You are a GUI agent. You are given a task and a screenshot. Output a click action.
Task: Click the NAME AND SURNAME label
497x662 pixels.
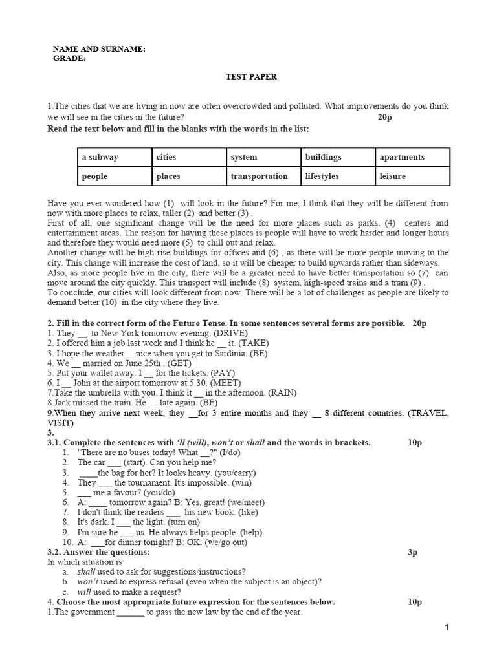[99, 49]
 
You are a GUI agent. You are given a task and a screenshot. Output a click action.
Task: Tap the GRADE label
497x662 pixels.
[69, 58]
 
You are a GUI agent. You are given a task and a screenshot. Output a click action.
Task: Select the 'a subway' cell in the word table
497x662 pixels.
[100, 157]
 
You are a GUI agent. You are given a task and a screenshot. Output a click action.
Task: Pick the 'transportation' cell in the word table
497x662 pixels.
[259, 176]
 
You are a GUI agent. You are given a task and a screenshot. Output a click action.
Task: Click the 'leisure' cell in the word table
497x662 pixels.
[393, 176]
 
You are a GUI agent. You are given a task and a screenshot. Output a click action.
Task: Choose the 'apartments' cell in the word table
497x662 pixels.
[402, 157]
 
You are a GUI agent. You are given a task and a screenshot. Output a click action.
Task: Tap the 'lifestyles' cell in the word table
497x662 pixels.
[322, 176]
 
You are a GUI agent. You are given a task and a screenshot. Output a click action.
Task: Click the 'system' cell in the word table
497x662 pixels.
[244, 157]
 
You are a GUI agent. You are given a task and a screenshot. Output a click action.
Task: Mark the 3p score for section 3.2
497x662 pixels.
[414, 552]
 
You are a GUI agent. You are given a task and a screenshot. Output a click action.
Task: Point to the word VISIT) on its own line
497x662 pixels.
[61, 423]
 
